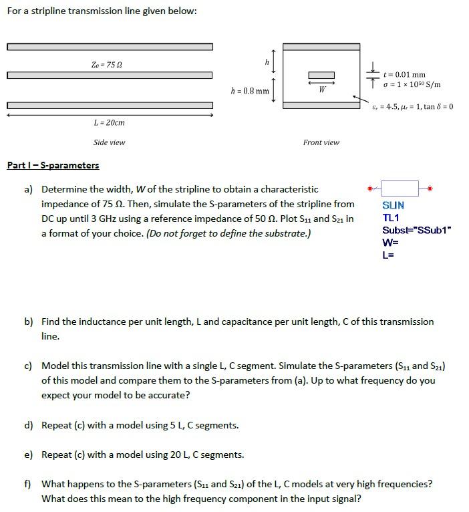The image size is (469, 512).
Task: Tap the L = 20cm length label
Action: tap(110, 122)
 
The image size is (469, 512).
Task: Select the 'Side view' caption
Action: tap(109, 142)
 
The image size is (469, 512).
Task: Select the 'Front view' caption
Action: tap(321, 142)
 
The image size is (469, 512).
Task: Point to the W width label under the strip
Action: tap(322, 88)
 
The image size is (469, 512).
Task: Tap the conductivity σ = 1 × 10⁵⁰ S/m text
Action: tap(412, 84)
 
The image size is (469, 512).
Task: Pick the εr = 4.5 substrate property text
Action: tap(413, 106)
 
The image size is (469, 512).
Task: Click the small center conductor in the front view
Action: tap(321, 75)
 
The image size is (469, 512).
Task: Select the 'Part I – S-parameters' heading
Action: tap(53, 165)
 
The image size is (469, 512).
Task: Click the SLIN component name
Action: tap(393, 206)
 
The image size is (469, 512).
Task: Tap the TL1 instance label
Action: tap(390, 218)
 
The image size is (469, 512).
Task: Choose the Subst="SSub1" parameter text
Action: tap(417, 231)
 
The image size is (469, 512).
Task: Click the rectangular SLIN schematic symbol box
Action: tap(399, 188)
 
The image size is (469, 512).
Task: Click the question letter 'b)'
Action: tap(29, 322)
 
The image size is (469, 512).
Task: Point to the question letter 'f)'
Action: tap(28, 483)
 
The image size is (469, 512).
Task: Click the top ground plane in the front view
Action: tap(321, 47)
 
